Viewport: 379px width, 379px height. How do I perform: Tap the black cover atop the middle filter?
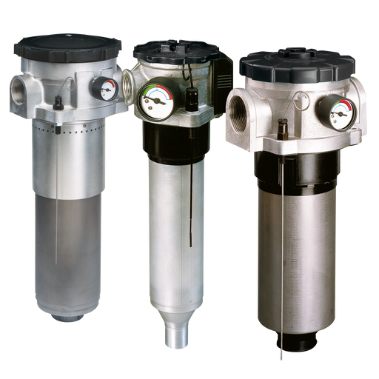coord(175,52)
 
